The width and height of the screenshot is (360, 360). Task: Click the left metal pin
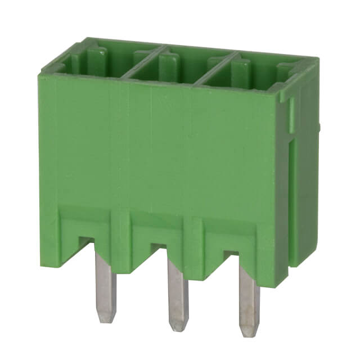click(x=105, y=284)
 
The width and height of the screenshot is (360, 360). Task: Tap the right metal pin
click(x=249, y=298)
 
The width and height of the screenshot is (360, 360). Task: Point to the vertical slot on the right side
click(x=292, y=197)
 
